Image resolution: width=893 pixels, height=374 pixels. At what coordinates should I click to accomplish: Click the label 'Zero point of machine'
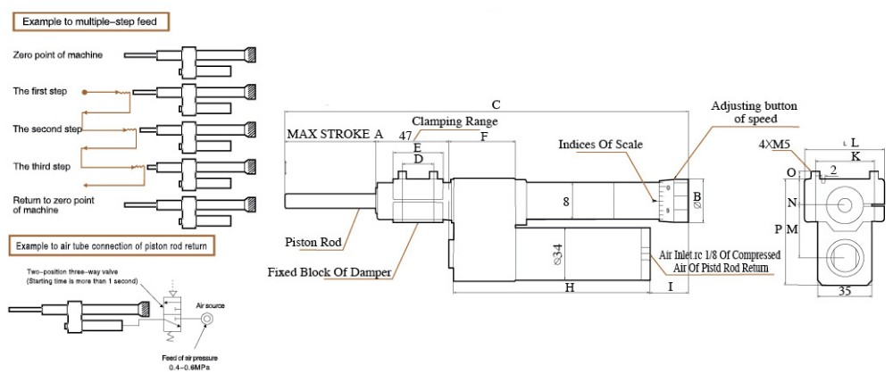(57, 55)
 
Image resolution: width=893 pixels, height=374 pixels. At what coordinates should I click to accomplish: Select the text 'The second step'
(47, 129)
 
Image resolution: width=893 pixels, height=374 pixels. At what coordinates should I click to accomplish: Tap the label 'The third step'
(41, 166)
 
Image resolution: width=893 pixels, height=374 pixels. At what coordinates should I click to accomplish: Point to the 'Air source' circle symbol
(207, 318)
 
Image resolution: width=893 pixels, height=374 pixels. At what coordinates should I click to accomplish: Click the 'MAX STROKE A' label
(334, 134)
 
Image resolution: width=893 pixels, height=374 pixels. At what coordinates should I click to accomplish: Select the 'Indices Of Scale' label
(600, 144)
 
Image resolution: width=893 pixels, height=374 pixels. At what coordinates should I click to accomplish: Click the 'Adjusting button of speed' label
(752, 112)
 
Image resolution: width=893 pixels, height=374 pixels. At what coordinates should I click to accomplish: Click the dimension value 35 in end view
(842, 292)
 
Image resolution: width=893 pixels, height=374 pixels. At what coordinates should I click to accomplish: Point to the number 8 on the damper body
(566, 202)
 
